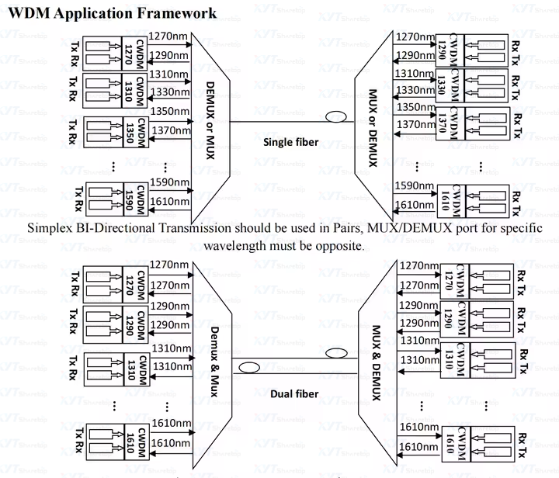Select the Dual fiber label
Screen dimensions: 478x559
pos(294,394)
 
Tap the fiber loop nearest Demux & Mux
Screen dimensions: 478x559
pos(250,368)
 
